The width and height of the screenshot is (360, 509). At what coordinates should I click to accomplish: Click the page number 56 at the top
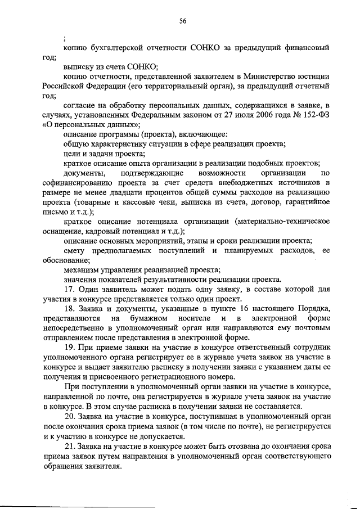(183, 21)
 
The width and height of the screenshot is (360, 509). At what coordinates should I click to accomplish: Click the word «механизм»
(82, 269)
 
